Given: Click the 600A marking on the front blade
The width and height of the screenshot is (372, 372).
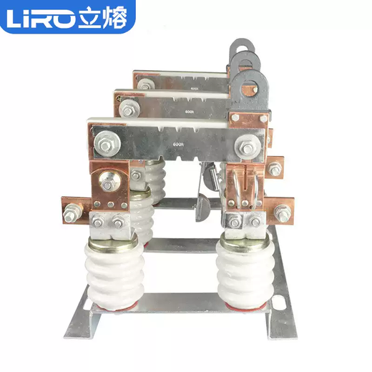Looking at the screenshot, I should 179,144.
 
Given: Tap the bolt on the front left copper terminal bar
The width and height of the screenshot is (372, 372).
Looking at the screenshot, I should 73,212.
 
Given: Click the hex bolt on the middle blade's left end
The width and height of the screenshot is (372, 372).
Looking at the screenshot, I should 130,109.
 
